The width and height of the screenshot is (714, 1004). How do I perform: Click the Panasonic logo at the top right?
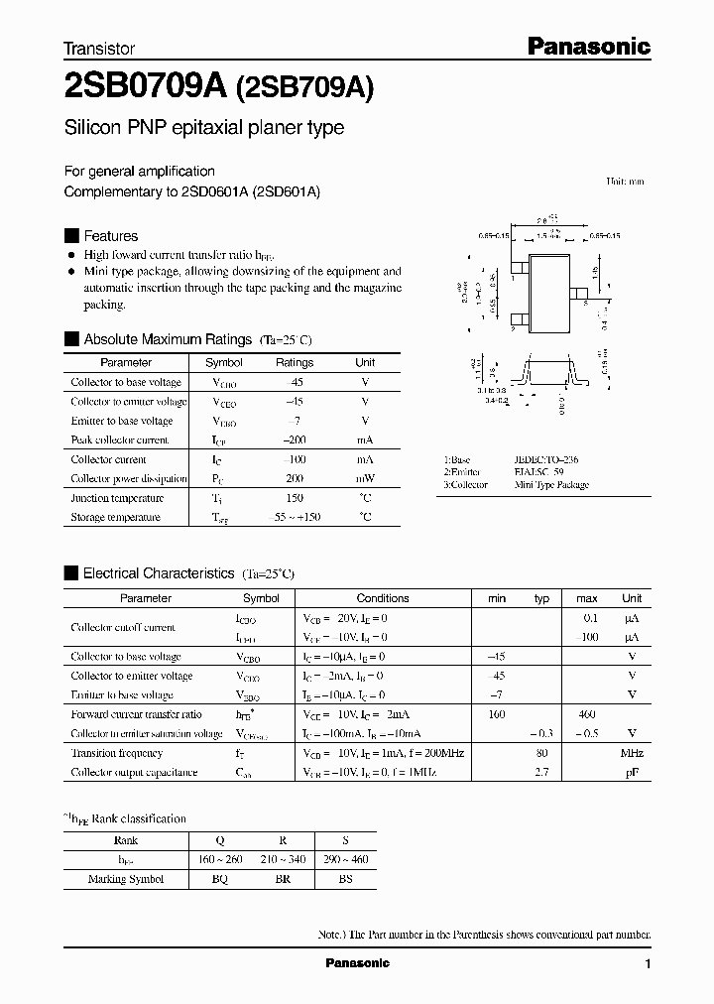(x=587, y=46)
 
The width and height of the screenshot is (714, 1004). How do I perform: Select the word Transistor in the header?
(x=99, y=48)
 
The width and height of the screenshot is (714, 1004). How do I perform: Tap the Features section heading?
(x=110, y=236)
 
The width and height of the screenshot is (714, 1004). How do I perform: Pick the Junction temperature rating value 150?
(x=295, y=498)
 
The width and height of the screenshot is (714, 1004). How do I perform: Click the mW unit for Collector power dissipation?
(x=365, y=478)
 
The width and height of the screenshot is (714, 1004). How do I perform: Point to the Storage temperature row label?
(x=115, y=517)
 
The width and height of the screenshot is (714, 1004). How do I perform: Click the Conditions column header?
(x=383, y=598)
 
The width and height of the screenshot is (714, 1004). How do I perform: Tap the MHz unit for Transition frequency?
(x=632, y=753)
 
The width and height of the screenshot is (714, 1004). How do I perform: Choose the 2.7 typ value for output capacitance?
(x=541, y=772)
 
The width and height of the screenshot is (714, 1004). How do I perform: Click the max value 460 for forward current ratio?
(x=586, y=714)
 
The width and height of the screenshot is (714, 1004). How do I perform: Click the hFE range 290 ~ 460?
(x=345, y=859)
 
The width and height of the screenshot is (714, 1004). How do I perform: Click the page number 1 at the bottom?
(x=648, y=964)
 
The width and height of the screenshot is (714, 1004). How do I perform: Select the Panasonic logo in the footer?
(x=358, y=963)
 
